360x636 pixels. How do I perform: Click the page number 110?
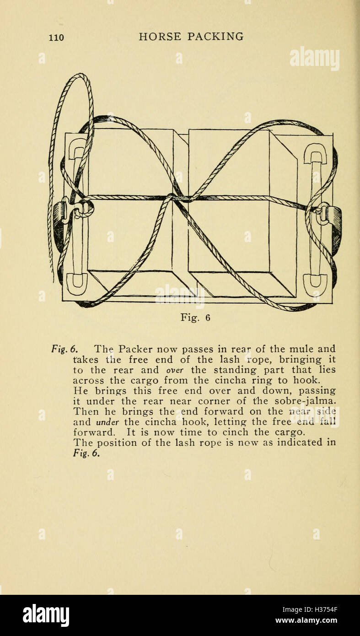(x=56, y=38)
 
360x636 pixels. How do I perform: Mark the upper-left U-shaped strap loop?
(x=77, y=150)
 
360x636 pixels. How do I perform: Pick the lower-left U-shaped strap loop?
(x=77, y=283)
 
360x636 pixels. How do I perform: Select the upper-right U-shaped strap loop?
(x=315, y=153)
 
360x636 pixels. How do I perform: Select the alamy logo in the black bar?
(x=46, y=615)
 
